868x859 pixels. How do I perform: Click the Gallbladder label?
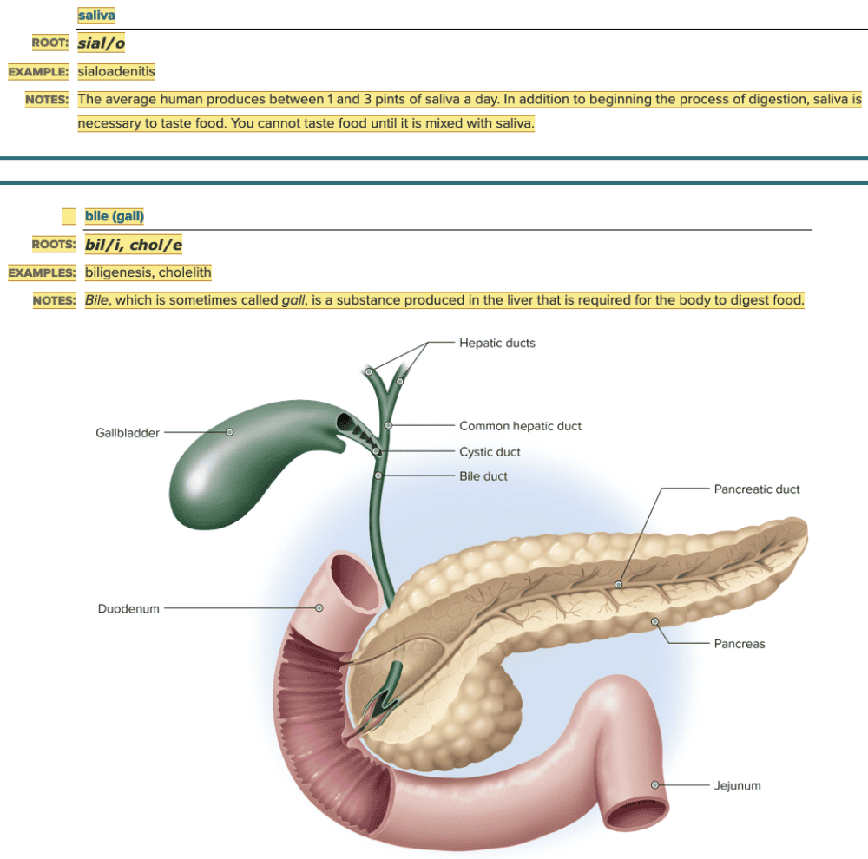pyautogui.click(x=127, y=432)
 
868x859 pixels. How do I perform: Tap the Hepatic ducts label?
pyautogui.click(x=497, y=343)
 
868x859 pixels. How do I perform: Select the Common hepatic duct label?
pyautogui.click(x=520, y=426)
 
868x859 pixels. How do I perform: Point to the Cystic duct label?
pyautogui.click(x=490, y=451)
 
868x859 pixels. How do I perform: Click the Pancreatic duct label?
pyautogui.click(x=757, y=489)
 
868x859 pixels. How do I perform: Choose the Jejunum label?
pyautogui.click(x=737, y=785)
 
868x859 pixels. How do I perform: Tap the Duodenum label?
pyautogui.click(x=128, y=608)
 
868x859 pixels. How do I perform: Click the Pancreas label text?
pyautogui.click(x=740, y=644)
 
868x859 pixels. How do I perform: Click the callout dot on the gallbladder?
pyautogui.click(x=230, y=432)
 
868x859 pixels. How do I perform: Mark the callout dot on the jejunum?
pyautogui.click(x=654, y=785)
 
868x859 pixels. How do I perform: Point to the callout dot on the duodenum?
pyautogui.click(x=319, y=608)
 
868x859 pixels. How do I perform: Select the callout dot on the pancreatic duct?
pyautogui.click(x=618, y=585)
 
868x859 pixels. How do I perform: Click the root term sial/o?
pyautogui.click(x=108, y=43)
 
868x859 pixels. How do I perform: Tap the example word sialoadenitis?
pyautogui.click(x=116, y=71)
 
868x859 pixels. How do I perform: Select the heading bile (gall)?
pyautogui.click(x=115, y=216)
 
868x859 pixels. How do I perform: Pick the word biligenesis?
pyautogui.click(x=118, y=272)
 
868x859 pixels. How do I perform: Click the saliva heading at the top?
pyautogui.click(x=96, y=16)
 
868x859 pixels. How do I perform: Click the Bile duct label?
pyautogui.click(x=483, y=475)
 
